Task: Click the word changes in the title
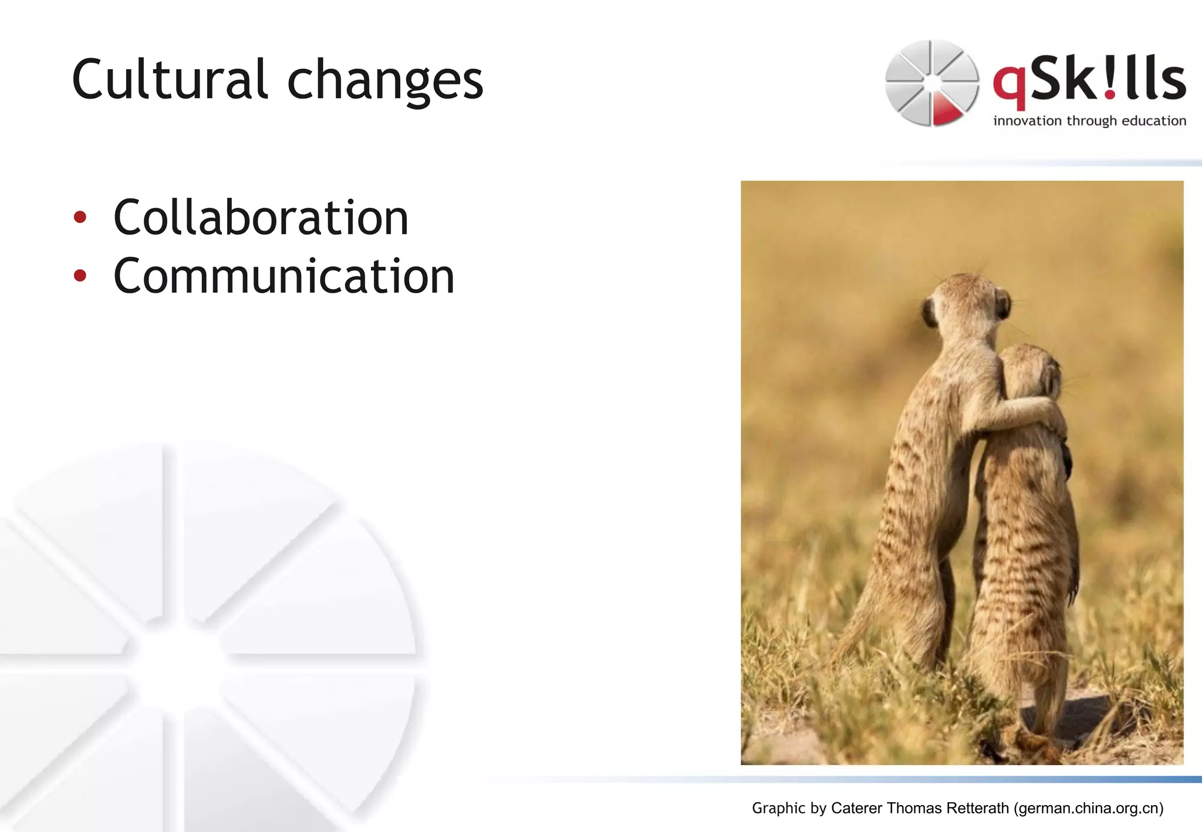pyautogui.click(x=385, y=82)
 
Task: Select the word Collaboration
pyautogui.click(x=261, y=218)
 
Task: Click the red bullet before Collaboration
pyautogui.click(x=80, y=218)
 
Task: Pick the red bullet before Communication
pyautogui.click(x=80, y=276)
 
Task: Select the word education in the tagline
pyautogui.click(x=1154, y=121)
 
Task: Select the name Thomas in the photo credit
pyautogui.click(x=913, y=808)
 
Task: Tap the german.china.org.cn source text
pyautogui.click(x=1089, y=808)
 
